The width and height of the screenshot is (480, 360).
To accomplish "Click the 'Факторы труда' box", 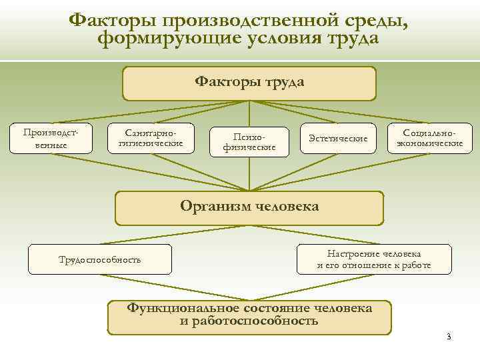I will (x=249, y=83).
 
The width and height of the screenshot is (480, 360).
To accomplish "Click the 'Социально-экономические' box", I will (x=430, y=137).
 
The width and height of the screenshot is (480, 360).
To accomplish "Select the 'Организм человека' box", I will (x=249, y=207).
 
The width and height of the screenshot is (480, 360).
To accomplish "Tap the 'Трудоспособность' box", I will (x=100, y=259).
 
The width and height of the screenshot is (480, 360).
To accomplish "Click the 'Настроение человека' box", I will (x=373, y=259).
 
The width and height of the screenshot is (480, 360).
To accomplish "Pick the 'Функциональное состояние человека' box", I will (x=249, y=315).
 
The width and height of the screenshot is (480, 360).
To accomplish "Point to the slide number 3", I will (x=449, y=336).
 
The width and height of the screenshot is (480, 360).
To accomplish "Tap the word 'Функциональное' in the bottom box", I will (x=173, y=309).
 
